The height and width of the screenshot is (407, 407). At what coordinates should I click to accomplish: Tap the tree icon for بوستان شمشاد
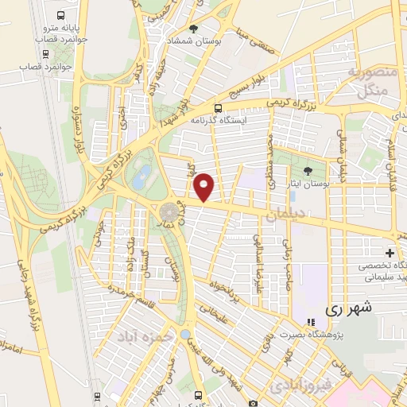click(194, 28)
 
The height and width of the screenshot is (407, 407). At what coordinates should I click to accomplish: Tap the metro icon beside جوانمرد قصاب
click(47, 56)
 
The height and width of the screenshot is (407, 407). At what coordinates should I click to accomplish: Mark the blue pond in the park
click(141, 174)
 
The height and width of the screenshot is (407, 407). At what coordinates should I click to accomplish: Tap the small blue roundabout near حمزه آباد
click(185, 334)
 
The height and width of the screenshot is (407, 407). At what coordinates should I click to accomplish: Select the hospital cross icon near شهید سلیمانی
click(390, 253)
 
